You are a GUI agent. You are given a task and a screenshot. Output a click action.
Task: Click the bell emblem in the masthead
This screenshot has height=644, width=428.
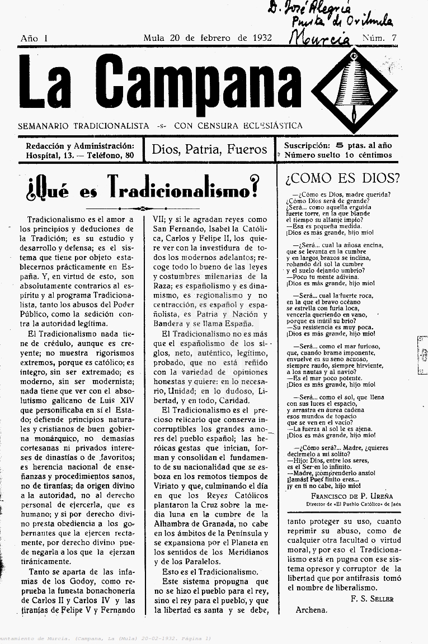(x=354, y=84)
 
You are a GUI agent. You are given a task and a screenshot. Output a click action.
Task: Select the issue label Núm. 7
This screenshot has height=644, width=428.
(x=379, y=38)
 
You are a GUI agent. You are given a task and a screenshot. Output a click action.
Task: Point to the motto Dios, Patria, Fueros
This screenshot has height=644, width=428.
(x=209, y=149)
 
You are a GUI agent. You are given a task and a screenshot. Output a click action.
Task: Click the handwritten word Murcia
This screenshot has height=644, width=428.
(x=321, y=37)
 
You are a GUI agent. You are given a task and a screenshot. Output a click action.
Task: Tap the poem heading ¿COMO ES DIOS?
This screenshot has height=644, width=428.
(x=342, y=178)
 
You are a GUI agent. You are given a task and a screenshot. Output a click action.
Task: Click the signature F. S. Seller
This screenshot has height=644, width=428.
(x=373, y=599)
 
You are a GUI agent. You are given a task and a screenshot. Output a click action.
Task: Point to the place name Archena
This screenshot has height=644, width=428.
(x=311, y=610)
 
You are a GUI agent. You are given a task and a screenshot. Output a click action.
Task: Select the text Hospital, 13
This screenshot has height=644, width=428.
(x=50, y=155)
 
